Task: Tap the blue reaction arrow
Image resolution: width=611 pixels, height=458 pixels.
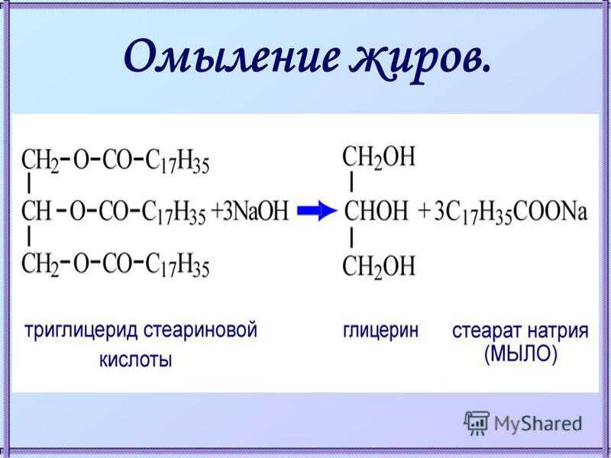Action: (x=316, y=211)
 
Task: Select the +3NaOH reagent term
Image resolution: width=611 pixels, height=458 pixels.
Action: (x=250, y=211)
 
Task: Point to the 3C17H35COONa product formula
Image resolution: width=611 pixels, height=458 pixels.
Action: (x=511, y=213)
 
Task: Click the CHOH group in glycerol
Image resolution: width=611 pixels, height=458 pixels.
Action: (x=376, y=211)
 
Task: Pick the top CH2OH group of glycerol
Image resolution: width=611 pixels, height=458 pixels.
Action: (x=379, y=158)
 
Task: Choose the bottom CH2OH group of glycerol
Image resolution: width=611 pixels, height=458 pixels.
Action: (x=379, y=267)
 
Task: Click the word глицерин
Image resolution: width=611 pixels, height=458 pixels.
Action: (x=380, y=332)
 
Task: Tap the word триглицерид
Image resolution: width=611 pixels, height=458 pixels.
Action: (x=81, y=332)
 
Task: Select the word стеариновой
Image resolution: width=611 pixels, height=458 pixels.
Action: (x=200, y=331)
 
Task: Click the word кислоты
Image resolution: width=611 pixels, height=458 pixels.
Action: (x=136, y=360)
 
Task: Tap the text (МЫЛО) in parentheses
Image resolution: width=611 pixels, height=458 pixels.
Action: (x=521, y=355)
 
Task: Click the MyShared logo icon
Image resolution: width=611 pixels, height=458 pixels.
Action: (x=476, y=423)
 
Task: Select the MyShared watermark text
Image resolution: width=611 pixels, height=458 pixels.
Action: (x=538, y=424)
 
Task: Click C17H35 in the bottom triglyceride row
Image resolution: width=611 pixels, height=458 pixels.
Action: (x=177, y=266)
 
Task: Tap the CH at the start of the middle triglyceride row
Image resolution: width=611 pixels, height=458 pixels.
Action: (x=36, y=211)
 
